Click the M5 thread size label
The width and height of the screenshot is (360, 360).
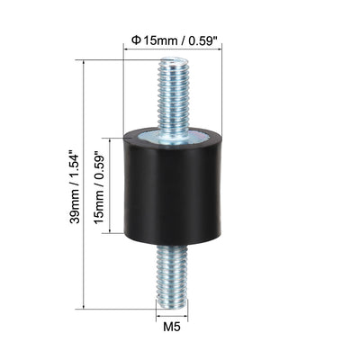(x=172, y=327)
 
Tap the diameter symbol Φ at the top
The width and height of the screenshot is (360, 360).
(x=137, y=40)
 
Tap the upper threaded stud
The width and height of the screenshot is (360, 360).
(x=173, y=99)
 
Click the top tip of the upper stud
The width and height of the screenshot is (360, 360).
(x=173, y=58)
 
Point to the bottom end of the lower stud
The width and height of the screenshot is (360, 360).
(x=172, y=308)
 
